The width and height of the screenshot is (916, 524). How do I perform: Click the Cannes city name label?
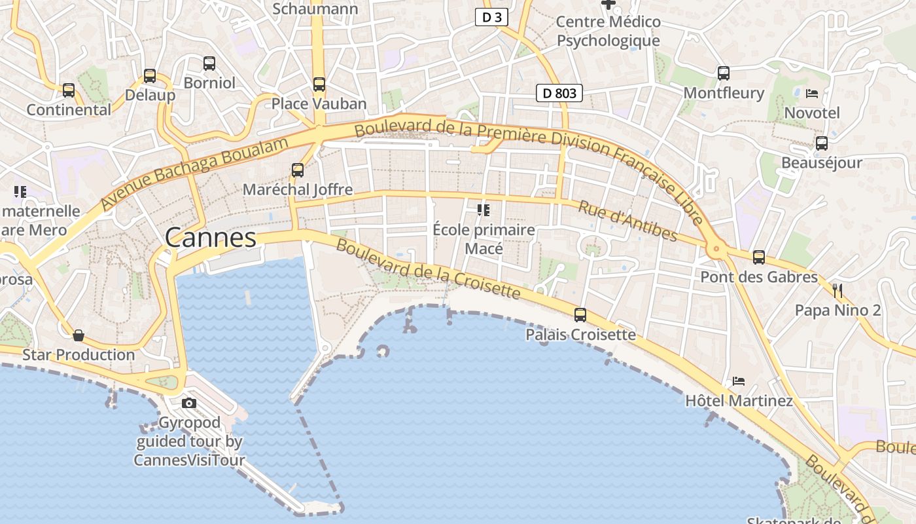(210, 237)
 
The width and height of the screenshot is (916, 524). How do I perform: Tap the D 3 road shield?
(491, 18)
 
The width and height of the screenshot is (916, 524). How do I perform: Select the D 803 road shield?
(559, 93)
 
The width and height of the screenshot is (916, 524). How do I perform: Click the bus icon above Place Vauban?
(319, 84)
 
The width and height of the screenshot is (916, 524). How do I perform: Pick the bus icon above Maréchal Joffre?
(298, 170)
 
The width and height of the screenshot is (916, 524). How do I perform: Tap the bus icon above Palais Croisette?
(580, 315)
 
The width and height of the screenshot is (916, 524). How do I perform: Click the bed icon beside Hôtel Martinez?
(739, 381)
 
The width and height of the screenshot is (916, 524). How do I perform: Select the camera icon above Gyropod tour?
(189, 403)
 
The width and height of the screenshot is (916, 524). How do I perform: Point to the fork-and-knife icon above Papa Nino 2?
(837, 291)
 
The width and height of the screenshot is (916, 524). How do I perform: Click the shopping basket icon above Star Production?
(79, 335)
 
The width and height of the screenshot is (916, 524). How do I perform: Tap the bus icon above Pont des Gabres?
(759, 257)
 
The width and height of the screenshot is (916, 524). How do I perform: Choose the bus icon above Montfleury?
(724, 73)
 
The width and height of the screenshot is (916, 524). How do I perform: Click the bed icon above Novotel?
(812, 93)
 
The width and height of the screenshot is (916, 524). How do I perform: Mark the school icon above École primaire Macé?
(484, 210)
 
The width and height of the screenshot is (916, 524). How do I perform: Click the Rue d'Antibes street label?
(627, 221)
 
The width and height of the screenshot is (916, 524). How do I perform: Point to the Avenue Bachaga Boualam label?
(194, 174)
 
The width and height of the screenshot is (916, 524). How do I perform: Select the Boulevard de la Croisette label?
(429, 269)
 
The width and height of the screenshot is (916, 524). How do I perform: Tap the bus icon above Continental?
(69, 90)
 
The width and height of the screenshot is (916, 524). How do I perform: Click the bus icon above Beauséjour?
(822, 143)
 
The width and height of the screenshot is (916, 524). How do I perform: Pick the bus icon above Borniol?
(209, 64)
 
